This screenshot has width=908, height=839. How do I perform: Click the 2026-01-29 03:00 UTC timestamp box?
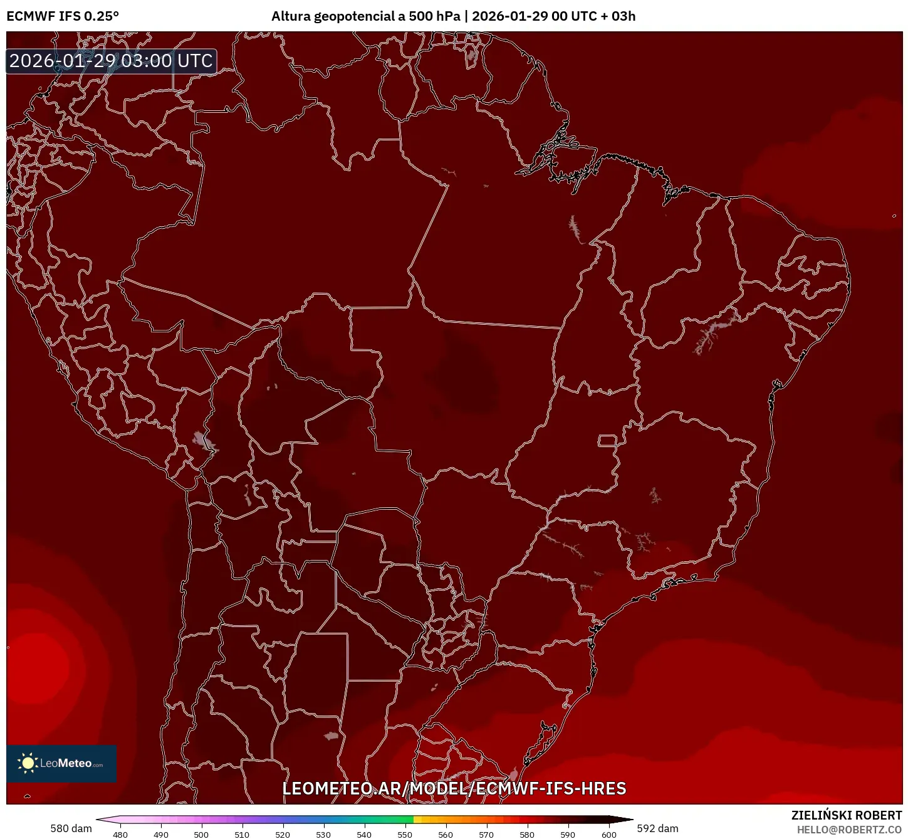pyautogui.click(x=112, y=61)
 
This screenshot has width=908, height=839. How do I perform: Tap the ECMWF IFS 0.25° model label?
pyautogui.click(x=63, y=16)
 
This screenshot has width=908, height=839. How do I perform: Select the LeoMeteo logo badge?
pyautogui.click(x=61, y=763)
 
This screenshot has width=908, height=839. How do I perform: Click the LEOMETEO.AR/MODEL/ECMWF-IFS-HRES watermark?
pyautogui.click(x=454, y=789)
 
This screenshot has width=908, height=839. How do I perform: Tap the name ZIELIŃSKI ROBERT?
pyautogui.click(x=847, y=815)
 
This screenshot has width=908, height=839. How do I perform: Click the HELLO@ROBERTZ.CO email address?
pyautogui.click(x=849, y=830)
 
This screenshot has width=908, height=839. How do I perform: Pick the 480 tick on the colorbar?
pyautogui.click(x=120, y=835)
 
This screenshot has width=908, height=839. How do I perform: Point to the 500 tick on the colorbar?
pyautogui.click(x=201, y=835)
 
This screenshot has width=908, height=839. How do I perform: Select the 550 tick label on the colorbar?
pyautogui.click(x=405, y=835)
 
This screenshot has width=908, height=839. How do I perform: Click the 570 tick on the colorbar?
pyautogui.click(x=486, y=835)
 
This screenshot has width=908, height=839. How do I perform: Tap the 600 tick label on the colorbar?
pyautogui.click(x=608, y=835)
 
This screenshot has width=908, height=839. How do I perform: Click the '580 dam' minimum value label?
pyautogui.click(x=71, y=828)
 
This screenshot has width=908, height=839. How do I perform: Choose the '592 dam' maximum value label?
pyautogui.click(x=657, y=828)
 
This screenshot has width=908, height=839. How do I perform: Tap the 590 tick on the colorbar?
pyautogui.click(x=568, y=835)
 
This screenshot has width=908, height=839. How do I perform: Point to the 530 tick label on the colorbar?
pyautogui.click(x=323, y=835)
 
